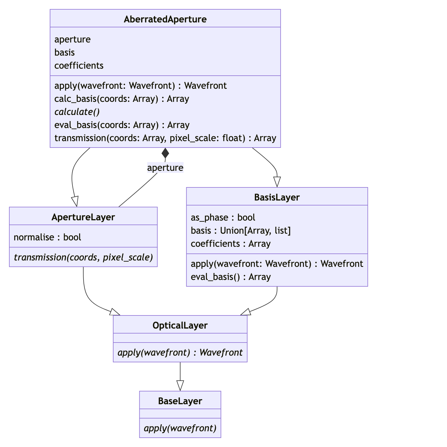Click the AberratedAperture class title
pos(165,19)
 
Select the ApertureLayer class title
pos(83,217)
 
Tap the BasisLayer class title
pos(277,197)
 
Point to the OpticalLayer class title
pos(180,325)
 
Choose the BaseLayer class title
pos(180,401)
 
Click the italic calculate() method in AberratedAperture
pos(77,112)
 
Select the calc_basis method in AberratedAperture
pos(122,99)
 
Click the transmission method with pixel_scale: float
pos(165,138)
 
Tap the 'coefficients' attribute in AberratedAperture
pos(79,65)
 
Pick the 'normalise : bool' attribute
pos(47,237)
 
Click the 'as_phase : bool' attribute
pos(223,218)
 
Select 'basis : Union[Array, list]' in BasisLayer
pos(241,231)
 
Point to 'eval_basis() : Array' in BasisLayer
pos(231,277)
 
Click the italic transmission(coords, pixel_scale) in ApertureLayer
pos(83,258)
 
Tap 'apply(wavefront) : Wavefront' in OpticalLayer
pos(180,353)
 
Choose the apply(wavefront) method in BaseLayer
pos(180,428)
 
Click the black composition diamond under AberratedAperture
pos(165,153)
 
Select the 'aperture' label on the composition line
pos(165,168)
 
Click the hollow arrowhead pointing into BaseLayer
pos(180,386)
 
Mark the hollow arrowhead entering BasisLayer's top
pos(277,182)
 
